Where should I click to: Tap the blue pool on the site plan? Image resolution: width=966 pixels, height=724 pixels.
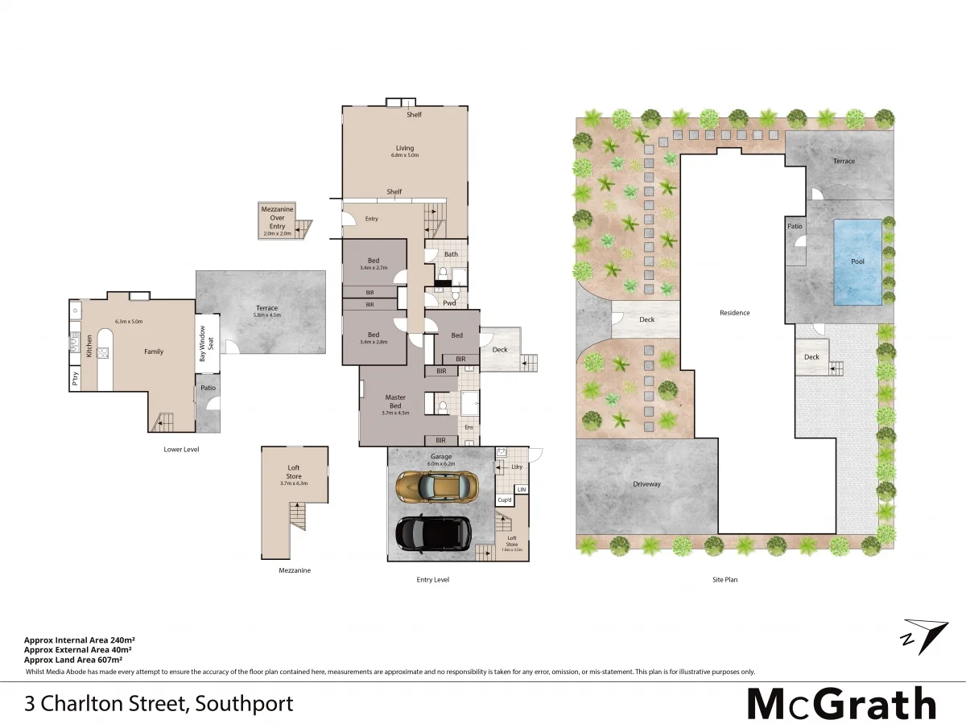pos(857,261)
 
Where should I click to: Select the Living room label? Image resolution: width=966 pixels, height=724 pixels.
pos(404,148)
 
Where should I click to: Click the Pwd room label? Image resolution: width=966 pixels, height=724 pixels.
pos(450,303)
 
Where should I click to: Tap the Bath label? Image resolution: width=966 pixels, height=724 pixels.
pos(451,254)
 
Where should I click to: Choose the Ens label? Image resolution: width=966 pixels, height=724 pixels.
pos(469,428)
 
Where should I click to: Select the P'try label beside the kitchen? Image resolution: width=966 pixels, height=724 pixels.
pos(76,381)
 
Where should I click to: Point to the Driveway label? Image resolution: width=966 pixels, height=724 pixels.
pos(646,484)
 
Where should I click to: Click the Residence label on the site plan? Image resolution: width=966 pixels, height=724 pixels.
pos(734,313)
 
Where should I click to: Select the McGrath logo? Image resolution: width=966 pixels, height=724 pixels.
pos(841,704)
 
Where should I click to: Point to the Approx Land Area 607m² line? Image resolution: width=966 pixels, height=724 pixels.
pos(73,660)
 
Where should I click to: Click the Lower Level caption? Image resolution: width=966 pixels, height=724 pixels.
pos(181,449)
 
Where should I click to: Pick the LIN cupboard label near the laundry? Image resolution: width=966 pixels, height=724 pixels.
pos(522,489)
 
